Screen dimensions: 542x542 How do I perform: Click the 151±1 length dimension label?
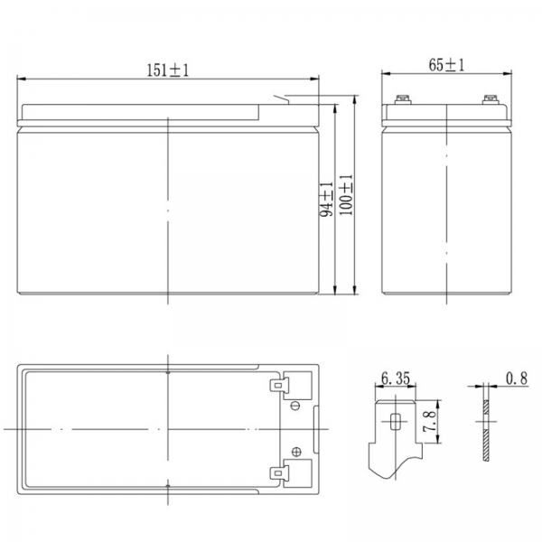pyautogui.click(x=168, y=70)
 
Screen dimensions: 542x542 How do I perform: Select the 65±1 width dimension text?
pyautogui.click(x=446, y=65)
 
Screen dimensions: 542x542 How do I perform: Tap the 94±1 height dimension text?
pyautogui.click(x=326, y=200)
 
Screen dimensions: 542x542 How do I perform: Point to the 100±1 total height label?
pyautogui.click(x=346, y=195)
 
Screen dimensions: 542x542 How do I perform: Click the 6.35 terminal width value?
pyautogui.click(x=396, y=378)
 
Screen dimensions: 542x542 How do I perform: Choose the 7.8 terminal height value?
pyautogui.click(x=430, y=421)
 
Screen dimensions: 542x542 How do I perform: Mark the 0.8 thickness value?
pyautogui.click(x=517, y=378)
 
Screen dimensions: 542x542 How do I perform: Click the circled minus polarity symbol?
pyautogui.click(x=295, y=406)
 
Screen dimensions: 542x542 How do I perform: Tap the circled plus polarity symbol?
pyautogui.click(x=296, y=452)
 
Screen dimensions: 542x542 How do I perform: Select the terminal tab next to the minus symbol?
pyautogui.click(x=279, y=385)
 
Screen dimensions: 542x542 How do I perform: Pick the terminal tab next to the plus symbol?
pyautogui.click(x=279, y=472)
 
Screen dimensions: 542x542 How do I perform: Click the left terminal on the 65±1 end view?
pyautogui.click(x=403, y=99)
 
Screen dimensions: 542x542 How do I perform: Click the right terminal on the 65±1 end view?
pyautogui.click(x=491, y=99)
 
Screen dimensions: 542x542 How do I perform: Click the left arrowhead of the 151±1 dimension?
pyautogui.click(x=22, y=79)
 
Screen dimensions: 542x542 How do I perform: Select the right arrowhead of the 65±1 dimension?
pyautogui.click(x=507, y=73)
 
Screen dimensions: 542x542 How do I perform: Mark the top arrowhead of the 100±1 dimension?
pyautogui.click(x=354, y=100)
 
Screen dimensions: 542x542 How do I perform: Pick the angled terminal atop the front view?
pyautogui.click(x=281, y=98)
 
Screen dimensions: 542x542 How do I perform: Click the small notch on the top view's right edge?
pyautogui.click(x=315, y=430)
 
